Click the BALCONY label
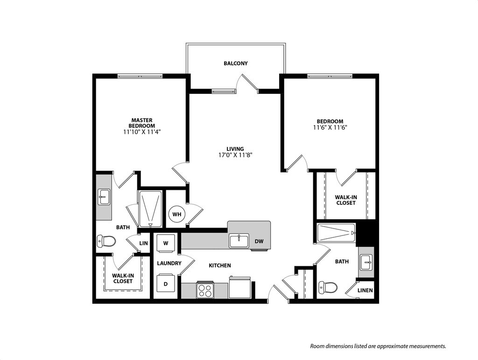(235, 63)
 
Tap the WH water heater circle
(177, 214)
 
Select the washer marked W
(165, 242)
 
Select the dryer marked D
(165, 283)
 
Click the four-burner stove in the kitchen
(205, 290)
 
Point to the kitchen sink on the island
(239, 241)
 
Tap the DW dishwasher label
(259, 242)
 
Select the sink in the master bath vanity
(104, 197)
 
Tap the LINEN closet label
(365, 291)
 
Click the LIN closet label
(143, 243)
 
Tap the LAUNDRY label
(169, 263)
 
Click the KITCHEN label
(219, 265)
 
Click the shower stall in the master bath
(150, 209)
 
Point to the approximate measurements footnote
(378, 346)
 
